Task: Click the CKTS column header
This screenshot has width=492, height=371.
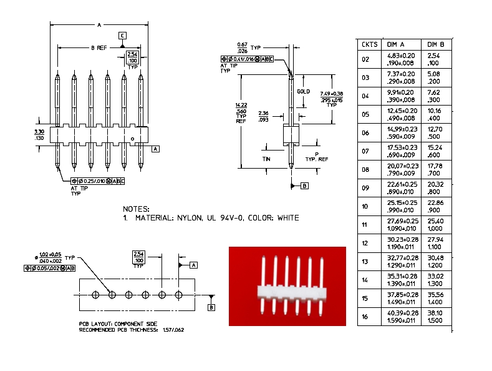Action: click(369, 44)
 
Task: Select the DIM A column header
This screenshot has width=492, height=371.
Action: click(395, 44)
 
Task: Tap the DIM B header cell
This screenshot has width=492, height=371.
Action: click(435, 44)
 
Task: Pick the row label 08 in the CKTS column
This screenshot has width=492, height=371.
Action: click(365, 170)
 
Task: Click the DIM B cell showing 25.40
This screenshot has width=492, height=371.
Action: click(435, 221)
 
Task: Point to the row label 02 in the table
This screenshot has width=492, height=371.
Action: click(365, 60)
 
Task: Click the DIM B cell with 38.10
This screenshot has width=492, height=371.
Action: click(435, 313)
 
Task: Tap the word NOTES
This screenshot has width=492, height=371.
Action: click(137, 209)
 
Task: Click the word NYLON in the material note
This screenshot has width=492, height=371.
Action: click(190, 218)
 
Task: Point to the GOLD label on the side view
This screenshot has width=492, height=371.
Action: click(303, 92)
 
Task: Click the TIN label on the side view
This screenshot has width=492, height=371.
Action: click(266, 159)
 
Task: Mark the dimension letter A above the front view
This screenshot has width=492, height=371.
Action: click(99, 25)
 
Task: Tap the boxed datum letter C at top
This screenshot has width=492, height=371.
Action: click(122, 35)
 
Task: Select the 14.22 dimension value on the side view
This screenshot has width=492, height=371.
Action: click(241, 105)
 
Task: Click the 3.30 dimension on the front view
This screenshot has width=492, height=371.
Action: click(39, 132)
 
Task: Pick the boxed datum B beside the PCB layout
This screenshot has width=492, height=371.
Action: click(211, 307)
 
